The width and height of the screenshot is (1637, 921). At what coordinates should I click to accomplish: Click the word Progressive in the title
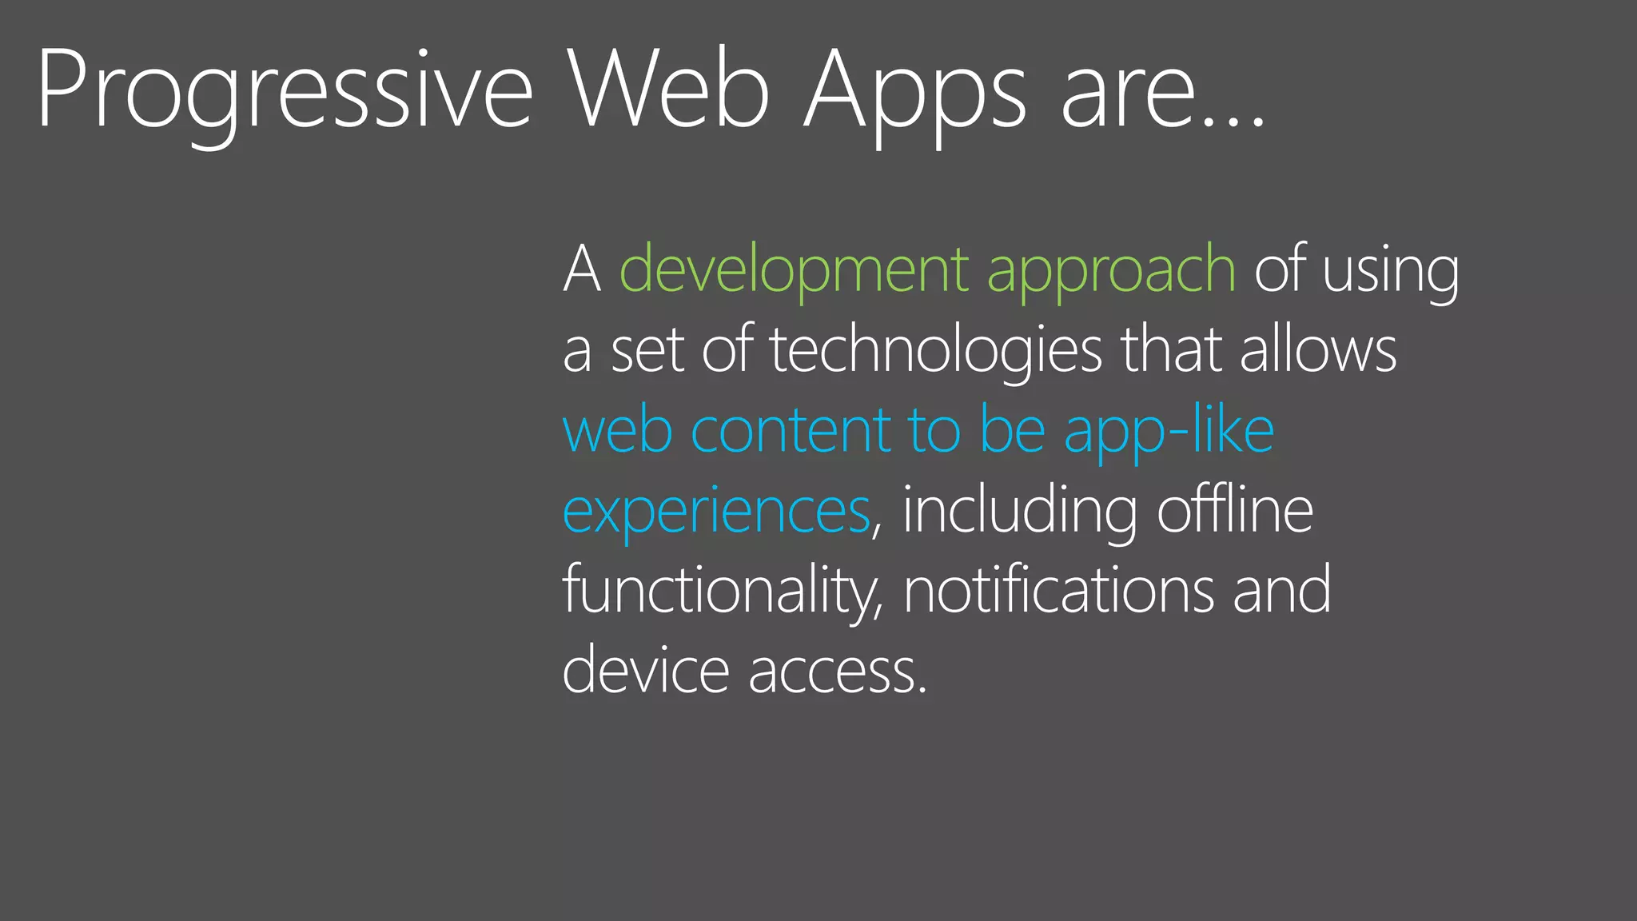point(284,90)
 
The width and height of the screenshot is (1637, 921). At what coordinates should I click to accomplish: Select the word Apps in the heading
point(914,90)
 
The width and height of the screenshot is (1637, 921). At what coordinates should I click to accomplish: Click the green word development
point(795,270)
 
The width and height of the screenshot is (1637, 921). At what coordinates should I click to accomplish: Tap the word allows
point(1318,350)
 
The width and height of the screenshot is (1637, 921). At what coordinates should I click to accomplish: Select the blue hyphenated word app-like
point(1169,430)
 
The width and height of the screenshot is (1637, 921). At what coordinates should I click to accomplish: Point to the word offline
point(1235,510)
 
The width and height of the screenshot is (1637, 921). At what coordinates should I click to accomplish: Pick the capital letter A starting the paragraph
point(582,270)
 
